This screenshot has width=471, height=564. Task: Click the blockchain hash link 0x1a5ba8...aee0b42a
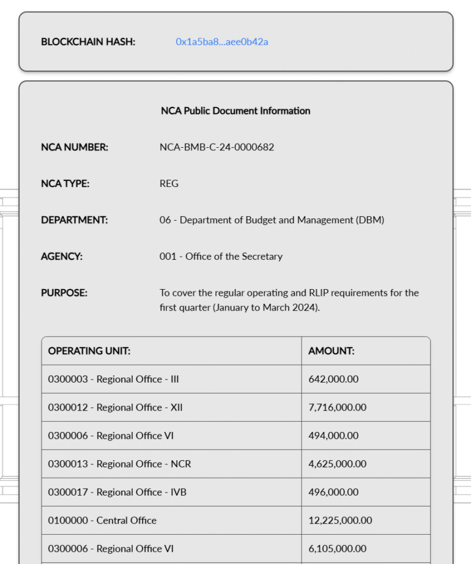(x=221, y=42)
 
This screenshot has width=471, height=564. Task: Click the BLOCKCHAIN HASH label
(x=88, y=42)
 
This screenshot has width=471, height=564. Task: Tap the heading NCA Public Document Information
(x=236, y=111)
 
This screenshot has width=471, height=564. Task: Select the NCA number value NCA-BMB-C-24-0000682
(x=217, y=147)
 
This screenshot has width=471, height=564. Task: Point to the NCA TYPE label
(x=65, y=183)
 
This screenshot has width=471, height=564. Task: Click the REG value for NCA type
(x=169, y=183)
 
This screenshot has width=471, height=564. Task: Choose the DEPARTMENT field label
(x=74, y=220)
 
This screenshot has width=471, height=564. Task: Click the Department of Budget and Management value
(x=272, y=220)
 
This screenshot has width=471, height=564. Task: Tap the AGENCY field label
(x=62, y=257)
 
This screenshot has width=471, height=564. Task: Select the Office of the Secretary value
(x=221, y=257)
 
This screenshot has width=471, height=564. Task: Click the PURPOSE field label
(x=64, y=293)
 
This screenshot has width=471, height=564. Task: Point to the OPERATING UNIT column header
(x=89, y=351)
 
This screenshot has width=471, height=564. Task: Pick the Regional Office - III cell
(x=114, y=379)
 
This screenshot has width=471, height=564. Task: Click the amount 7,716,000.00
(x=337, y=408)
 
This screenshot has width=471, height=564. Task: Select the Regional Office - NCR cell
(x=119, y=464)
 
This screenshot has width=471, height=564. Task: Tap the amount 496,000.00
(x=333, y=492)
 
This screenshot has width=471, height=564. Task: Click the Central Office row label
(x=102, y=521)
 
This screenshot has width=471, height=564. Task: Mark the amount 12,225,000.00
(x=340, y=521)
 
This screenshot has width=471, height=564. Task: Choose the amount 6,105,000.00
(x=337, y=549)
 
